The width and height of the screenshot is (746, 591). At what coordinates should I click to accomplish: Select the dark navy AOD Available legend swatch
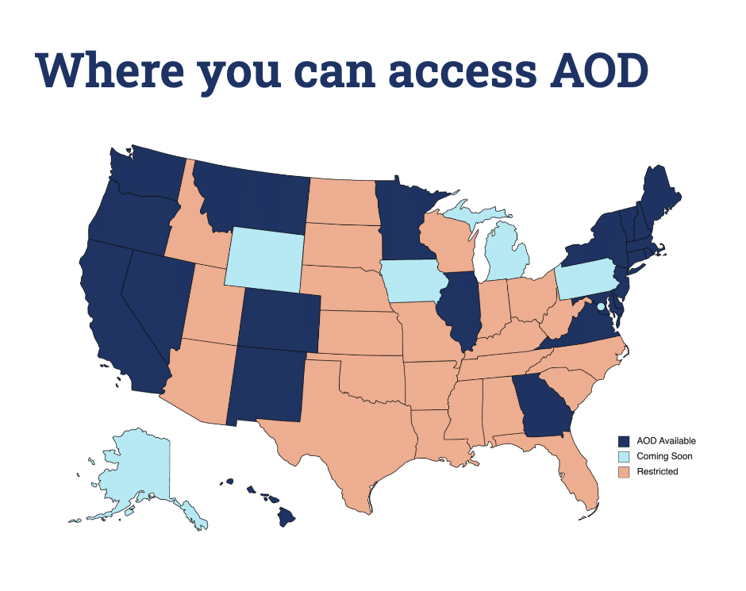tap(624, 441)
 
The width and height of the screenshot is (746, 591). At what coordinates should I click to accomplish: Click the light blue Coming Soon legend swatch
tap(624, 456)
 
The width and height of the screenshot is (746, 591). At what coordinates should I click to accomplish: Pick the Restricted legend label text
tap(658, 472)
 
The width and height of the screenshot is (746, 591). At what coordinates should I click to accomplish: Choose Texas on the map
tap(349, 428)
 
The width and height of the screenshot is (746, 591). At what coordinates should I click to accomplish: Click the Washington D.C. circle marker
tap(601, 306)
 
